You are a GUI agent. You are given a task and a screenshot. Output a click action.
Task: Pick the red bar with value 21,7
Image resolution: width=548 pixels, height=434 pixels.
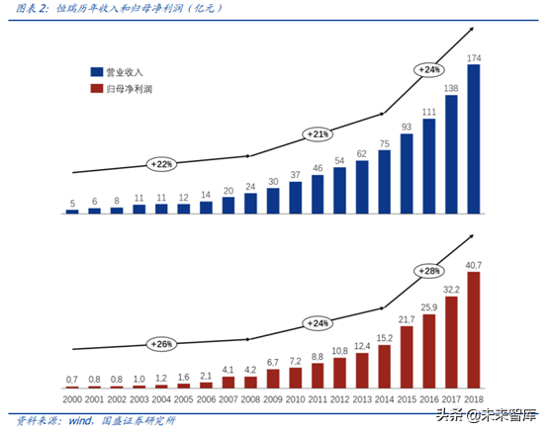(x=407, y=357)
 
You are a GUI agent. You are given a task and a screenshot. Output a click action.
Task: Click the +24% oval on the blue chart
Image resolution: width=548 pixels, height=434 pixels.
(x=429, y=70)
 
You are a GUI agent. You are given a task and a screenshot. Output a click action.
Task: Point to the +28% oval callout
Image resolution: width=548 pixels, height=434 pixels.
(x=428, y=271)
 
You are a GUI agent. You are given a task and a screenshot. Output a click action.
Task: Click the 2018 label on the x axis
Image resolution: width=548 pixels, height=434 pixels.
(x=473, y=397)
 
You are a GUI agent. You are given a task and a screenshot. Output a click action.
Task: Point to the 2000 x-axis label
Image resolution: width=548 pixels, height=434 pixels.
(x=72, y=397)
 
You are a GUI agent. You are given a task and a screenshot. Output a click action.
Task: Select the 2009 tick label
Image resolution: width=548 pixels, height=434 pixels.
(x=273, y=397)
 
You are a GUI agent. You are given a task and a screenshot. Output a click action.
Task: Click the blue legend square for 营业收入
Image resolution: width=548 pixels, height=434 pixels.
(x=96, y=72)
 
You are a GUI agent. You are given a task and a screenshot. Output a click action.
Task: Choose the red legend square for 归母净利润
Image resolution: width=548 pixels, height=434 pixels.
(x=96, y=89)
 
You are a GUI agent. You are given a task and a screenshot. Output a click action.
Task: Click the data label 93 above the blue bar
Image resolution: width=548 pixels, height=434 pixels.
(x=407, y=126)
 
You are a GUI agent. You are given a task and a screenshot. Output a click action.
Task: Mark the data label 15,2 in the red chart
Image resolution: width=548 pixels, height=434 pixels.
(x=384, y=338)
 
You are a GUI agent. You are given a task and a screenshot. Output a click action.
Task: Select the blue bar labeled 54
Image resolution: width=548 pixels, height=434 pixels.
(x=339, y=191)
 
